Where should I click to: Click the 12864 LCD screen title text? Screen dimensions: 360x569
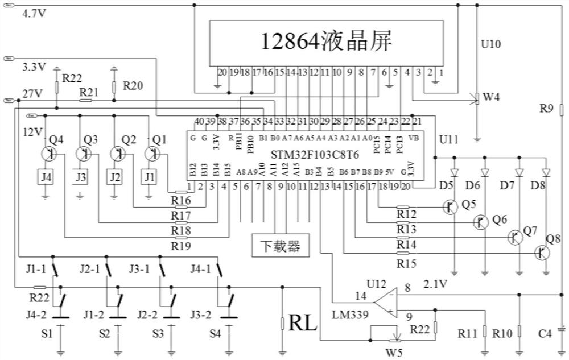coord(327,42)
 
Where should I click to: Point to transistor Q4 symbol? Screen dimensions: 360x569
coord(48,154)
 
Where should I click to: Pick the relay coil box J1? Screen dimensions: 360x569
coord(150,177)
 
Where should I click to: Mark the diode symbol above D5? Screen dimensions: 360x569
coord(453,172)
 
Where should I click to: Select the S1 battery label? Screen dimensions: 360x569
coord(47,333)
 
